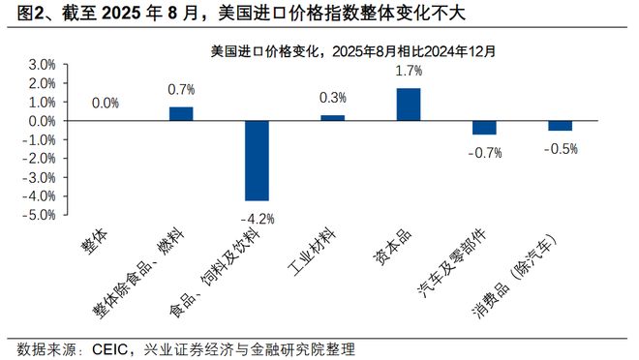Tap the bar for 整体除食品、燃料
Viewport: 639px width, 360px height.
coord(181,113)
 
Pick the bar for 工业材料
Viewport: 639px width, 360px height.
coord(332,117)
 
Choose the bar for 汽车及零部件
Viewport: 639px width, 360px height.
coord(484,127)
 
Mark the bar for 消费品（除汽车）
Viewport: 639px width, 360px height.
coord(560,125)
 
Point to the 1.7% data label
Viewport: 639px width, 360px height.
coord(410,71)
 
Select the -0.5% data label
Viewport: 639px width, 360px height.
coord(561,148)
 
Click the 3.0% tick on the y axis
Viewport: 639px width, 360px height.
coord(41,64)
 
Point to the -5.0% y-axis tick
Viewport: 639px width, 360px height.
coord(39,215)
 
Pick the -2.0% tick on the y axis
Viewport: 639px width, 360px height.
coord(39,159)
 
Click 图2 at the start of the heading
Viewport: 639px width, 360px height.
coord(20,14)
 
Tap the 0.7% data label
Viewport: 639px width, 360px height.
coord(182,90)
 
